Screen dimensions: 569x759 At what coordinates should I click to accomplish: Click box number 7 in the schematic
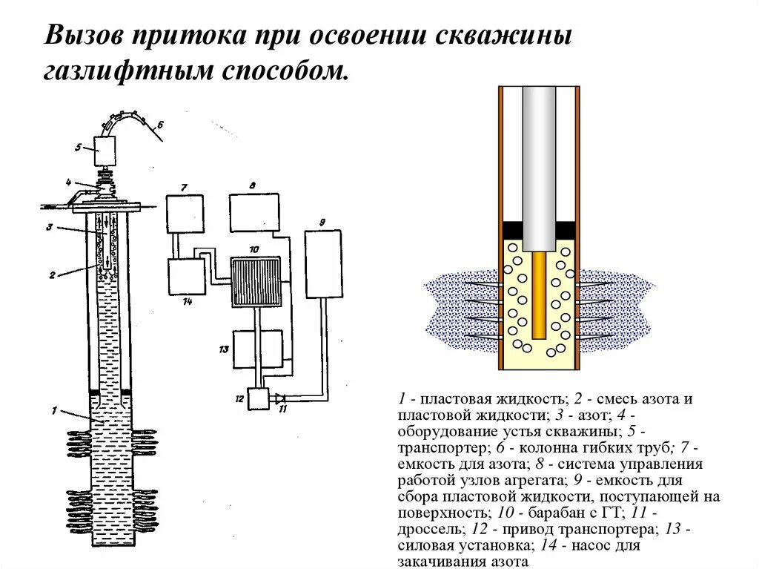[x=185, y=214]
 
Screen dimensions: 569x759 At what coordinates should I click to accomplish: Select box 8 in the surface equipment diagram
[x=254, y=213]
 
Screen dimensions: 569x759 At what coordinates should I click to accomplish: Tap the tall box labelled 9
[x=324, y=264]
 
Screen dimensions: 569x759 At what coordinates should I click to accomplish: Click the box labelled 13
[x=257, y=349]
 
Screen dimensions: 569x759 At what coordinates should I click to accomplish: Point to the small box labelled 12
[x=259, y=399]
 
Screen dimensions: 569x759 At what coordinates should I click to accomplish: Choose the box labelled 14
[x=186, y=277]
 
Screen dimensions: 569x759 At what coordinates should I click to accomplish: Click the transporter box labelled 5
[x=105, y=152]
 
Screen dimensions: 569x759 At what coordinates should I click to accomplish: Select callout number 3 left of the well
[x=49, y=228]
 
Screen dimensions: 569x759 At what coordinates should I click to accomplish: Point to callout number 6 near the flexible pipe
[x=160, y=125]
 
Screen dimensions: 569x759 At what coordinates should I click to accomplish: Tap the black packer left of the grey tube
[x=512, y=230]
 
